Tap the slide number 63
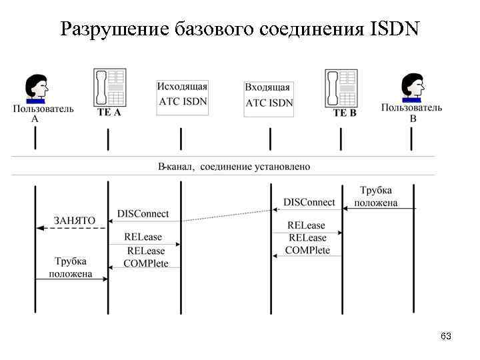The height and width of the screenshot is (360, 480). (446, 337)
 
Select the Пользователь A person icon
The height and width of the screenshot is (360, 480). (35, 89)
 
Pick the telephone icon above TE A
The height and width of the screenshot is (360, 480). (109, 87)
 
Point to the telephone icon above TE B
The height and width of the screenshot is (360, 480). (341, 87)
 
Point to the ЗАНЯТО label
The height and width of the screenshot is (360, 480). (74, 221)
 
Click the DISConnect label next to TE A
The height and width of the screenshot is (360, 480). (143, 214)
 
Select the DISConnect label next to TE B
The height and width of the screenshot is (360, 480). (309, 202)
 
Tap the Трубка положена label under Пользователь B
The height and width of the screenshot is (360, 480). (376, 197)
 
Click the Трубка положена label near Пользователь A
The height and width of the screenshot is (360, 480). (70, 267)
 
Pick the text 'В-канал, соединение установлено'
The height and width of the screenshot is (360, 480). (233, 166)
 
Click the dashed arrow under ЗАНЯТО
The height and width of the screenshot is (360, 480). (71, 228)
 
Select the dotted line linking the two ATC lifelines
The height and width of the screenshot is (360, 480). (227, 215)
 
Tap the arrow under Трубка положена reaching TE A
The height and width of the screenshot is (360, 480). (71, 279)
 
